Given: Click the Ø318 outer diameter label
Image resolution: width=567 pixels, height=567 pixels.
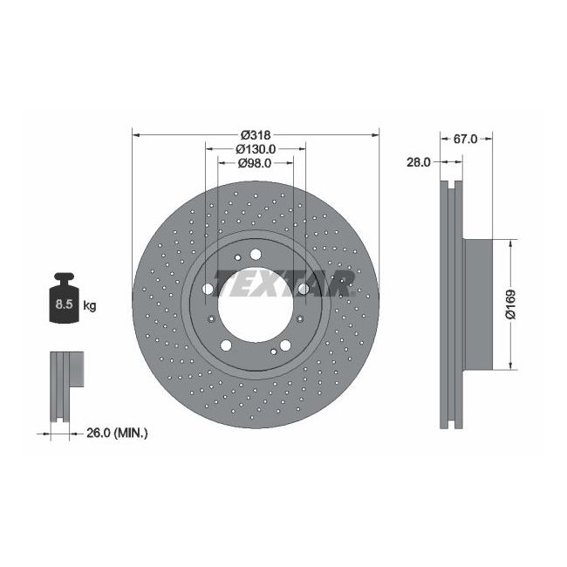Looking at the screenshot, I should point(255,134).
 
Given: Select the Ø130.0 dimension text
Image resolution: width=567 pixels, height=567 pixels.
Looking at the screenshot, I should point(255,148).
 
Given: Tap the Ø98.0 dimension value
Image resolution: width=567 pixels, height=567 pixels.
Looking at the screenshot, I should point(255,162).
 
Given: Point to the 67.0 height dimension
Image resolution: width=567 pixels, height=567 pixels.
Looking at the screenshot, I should point(466,138).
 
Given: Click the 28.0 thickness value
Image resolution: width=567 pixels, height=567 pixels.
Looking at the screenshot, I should point(420,162).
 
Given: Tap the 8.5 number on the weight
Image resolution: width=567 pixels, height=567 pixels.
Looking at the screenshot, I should point(64,305).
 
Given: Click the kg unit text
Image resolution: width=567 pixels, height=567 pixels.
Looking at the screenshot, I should point(90,305).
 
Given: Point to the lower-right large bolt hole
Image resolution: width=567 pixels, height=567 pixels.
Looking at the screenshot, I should point(284,345).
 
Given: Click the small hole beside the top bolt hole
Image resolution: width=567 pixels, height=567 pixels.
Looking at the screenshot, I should point(239,258).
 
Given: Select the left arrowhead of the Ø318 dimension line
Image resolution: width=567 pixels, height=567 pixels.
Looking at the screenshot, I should point(134,134).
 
